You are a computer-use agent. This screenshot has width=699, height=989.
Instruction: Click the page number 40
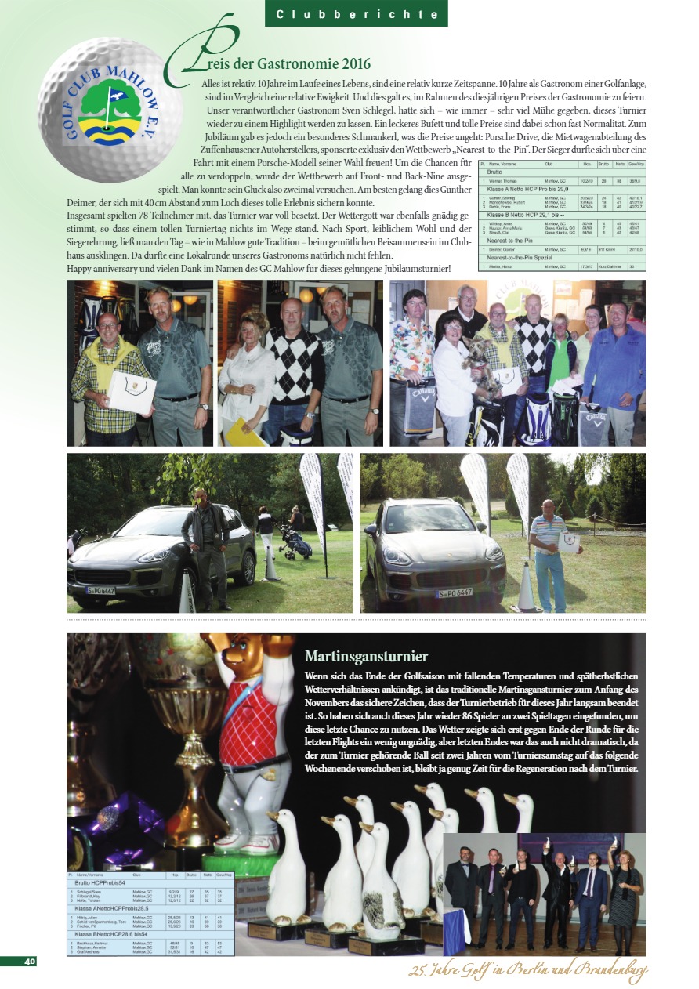30,962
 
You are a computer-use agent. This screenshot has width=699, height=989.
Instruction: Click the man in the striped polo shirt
549,549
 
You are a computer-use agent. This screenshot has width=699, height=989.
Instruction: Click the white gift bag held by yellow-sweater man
132,389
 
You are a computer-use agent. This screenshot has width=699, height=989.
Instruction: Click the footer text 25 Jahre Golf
527,973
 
